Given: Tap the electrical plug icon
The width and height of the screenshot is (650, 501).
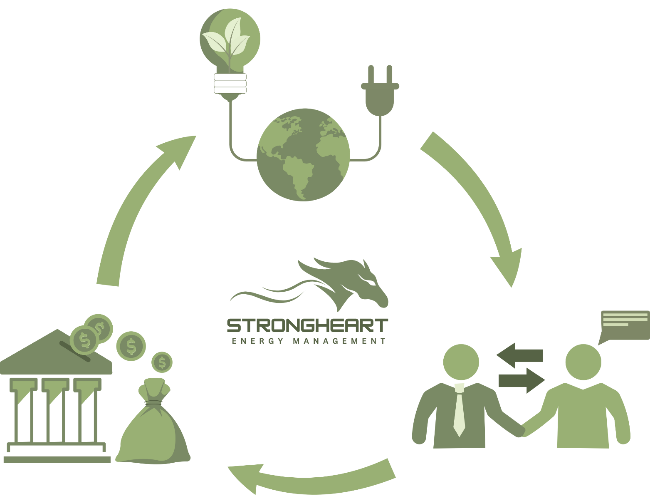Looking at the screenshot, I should tap(380, 94).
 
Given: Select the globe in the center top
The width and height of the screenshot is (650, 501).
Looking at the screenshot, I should tap(304, 155).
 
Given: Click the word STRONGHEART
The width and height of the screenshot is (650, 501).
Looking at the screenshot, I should tap(307, 325).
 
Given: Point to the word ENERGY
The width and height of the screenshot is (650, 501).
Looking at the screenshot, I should tap(257, 341).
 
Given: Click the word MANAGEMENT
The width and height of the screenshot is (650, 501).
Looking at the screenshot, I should tap(339, 341).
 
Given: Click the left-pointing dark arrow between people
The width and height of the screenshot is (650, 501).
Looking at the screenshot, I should tap(520, 355).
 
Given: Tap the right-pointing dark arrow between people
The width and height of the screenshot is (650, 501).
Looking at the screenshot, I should tap(521, 380).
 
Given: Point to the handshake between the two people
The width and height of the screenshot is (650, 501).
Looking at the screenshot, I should tap(521, 431).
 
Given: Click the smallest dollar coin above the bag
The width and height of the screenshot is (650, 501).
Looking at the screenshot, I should tap(162, 362).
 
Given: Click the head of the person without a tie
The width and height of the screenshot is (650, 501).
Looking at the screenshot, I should tap(583, 362).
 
